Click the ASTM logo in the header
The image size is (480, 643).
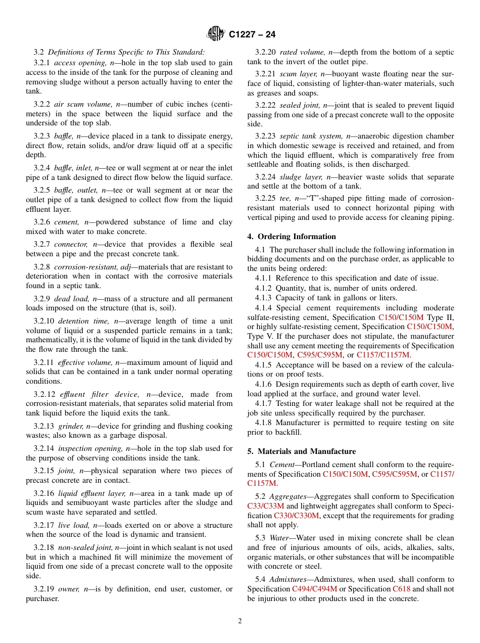click(x=216, y=34)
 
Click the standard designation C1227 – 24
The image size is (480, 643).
click(x=252, y=35)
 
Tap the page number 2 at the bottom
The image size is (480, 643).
click(x=240, y=621)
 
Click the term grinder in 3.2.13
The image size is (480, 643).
click(x=70, y=426)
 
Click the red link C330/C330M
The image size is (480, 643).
click(x=297, y=516)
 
